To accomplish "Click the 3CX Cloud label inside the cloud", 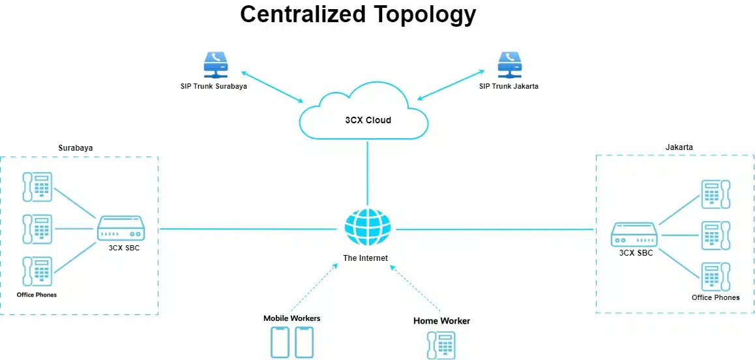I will [x=368, y=120].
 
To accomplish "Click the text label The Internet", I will [x=366, y=258].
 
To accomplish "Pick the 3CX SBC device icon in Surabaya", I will [x=121, y=229].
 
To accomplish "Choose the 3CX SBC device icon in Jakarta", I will [x=634, y=234].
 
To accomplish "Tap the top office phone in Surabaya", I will [x=37, y=187].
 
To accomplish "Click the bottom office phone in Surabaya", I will [x=37, y=272].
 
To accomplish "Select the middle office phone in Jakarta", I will [x=715, y=235].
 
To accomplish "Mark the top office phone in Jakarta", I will [x=715, y=194].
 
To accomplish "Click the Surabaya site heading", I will [x=76, y=148].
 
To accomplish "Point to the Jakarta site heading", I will [x=679, y=148].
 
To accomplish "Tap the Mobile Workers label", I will [x=291, y=318].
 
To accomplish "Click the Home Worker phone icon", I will [x=441, y=345].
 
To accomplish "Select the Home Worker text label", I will [x=441, y=321].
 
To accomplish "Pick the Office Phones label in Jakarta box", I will [x=715, y=297].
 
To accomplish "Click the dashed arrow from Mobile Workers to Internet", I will [x=315, y=286].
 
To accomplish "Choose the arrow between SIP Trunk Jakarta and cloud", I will [x=450, y=85].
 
